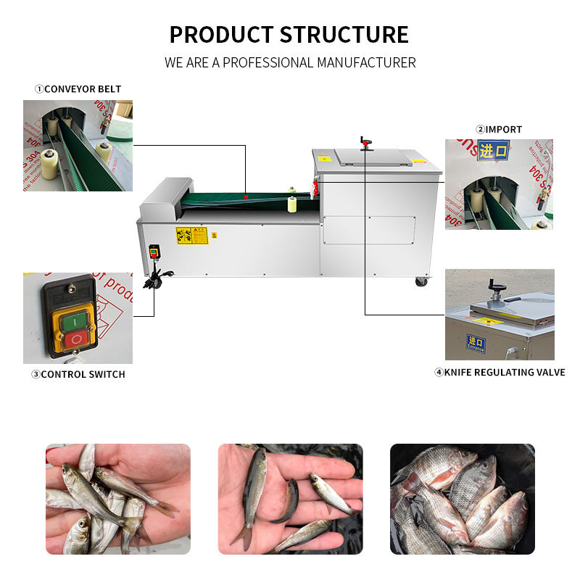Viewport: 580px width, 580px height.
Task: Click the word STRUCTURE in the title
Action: tap(344, 34)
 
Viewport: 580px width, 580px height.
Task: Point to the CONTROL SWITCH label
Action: tap(78, 374)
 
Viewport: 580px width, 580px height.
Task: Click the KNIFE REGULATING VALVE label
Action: tap(500, 373)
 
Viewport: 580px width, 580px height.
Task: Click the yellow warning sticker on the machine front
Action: tap(191, 236)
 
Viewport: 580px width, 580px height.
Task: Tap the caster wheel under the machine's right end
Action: tap(420, 281)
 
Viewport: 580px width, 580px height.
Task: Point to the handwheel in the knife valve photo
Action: tap(497, 294)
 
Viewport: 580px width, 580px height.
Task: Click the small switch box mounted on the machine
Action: tap(154, 253)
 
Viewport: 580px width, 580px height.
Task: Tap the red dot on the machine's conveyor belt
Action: tap(246, 196)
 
